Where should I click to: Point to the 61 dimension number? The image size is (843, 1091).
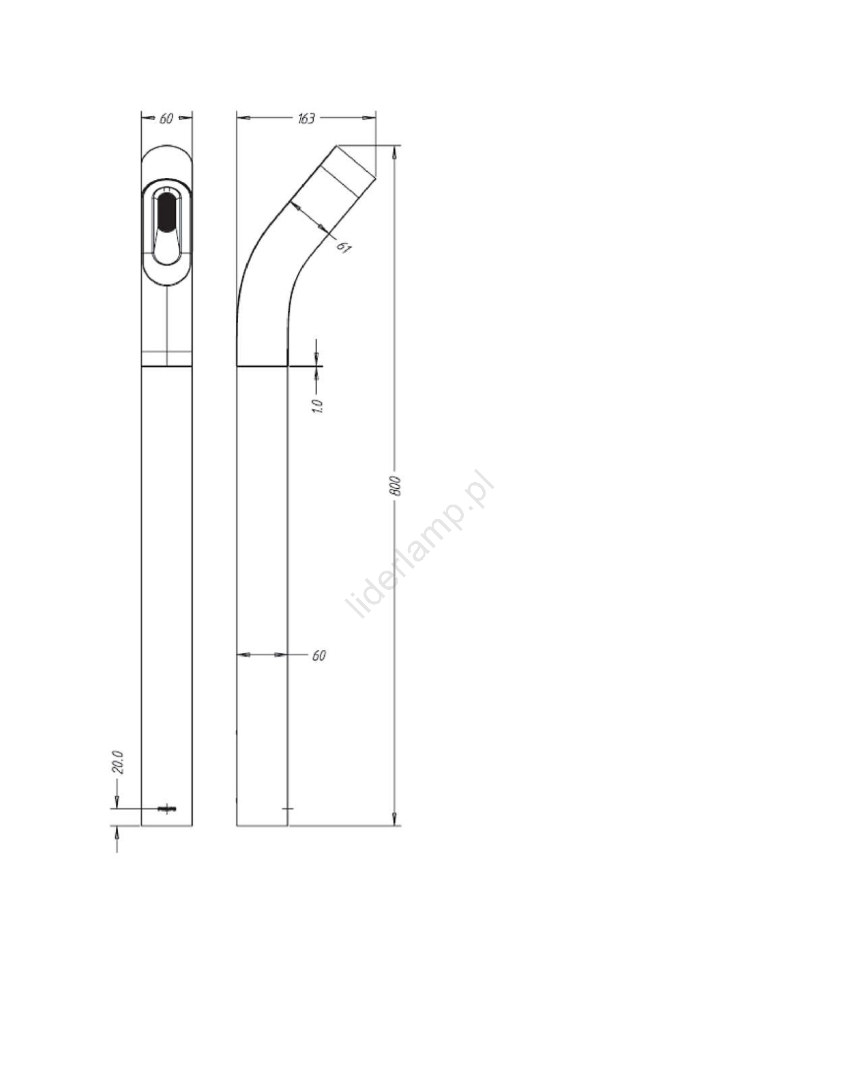click(x=344, y=248)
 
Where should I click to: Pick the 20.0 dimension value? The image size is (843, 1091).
click(x=117, y=762)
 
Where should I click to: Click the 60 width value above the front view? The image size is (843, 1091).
click(x=166, y=119)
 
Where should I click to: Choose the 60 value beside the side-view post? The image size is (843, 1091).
click(x=319, y=656)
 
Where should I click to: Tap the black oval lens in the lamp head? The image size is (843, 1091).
click(x=166, y=211)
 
